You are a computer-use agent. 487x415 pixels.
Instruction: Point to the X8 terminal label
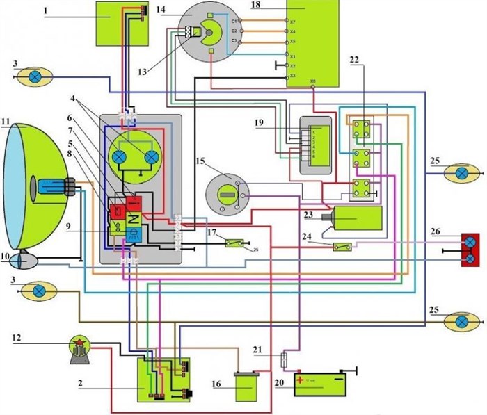313,81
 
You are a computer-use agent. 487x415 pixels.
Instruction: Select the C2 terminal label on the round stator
234,31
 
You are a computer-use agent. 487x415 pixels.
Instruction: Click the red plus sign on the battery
301,380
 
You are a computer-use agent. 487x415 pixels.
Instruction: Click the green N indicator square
135,216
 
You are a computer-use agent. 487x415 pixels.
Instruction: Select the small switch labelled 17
233,243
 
